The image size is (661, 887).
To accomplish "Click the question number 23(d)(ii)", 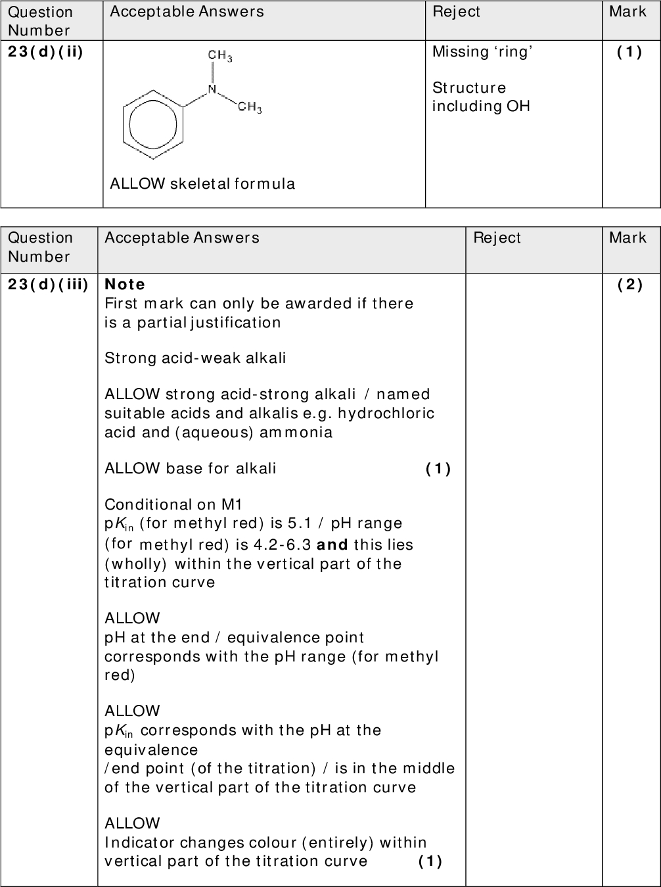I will [x=45, y=52].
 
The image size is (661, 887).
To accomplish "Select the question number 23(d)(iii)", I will [x=48, y=284].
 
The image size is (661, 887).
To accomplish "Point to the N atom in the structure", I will [x=211, y=89].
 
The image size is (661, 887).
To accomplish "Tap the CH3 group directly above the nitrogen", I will [x=219, y=57].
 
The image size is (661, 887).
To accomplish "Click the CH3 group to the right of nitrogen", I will [x=250, y=107].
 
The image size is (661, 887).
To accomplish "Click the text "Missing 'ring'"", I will [x=482, y=52].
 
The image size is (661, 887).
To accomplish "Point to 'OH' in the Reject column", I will [x=518, y=107].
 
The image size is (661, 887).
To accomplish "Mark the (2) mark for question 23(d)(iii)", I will [x=630, y=284].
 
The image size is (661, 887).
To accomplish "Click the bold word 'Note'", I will [x=125, y=284].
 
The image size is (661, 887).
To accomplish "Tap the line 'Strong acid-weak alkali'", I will [x=195, y=358].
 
